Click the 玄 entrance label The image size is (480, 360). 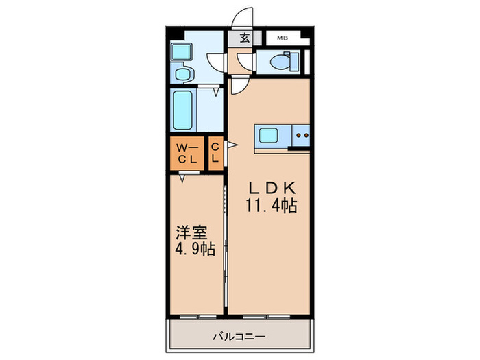244,38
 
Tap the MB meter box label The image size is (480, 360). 282,39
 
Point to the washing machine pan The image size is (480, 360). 182,51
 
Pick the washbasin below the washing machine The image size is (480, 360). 182,73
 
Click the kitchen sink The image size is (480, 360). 268,136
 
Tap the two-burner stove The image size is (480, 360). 301,136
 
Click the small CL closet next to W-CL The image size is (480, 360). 215,154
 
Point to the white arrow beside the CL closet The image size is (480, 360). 231,145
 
